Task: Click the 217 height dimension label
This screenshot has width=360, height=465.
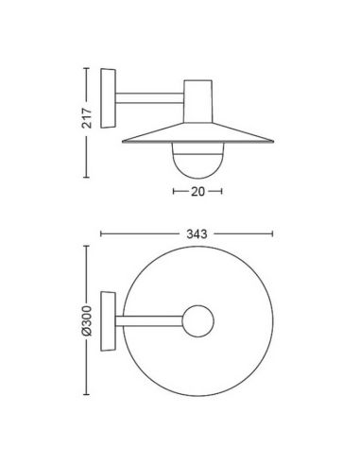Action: pos(87,118)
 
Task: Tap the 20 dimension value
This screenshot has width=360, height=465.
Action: pos(197,192)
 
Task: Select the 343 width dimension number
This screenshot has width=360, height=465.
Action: pos(197,234)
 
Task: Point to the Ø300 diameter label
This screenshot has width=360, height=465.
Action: pos(86,320)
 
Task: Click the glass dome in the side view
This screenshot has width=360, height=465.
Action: pos(197,161)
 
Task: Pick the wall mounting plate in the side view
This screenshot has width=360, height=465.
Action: pos(108,98)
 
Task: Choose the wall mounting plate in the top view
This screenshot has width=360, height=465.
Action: pos(108,321)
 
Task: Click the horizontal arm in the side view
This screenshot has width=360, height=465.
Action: pos(149,98)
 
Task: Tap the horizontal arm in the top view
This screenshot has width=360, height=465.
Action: pos(149,321)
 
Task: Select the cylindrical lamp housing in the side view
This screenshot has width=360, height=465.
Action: pos(197,101)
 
